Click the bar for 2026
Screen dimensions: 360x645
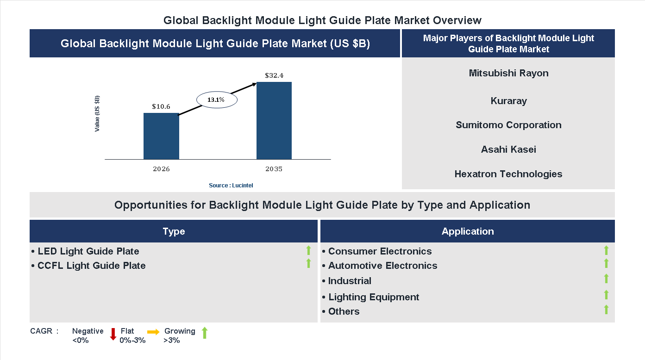[161, 136]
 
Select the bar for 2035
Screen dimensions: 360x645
[274, 121]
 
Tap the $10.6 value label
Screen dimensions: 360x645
[161, 106]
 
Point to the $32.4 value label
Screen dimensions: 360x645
[274, 75]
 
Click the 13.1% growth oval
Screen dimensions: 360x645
[217, 99]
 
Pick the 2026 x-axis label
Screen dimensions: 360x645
[161, 169]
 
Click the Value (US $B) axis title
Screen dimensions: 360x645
[97, 113]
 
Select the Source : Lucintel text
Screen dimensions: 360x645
[231, 185]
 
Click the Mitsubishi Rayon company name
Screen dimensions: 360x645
[508, 73]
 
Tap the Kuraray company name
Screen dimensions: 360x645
[508, 101]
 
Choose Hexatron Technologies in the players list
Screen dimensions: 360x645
[508, 174]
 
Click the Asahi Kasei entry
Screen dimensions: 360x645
[508, 149]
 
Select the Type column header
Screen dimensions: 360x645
[174, 231]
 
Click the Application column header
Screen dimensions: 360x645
[468, 231]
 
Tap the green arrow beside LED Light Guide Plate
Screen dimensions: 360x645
[308, 251]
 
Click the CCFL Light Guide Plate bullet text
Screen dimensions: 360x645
[91, 266]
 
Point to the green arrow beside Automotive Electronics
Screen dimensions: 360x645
[606, 263]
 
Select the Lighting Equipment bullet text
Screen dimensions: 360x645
[373, 297]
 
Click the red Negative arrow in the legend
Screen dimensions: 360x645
[113, 334]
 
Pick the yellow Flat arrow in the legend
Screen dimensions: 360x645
[153, 332]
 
